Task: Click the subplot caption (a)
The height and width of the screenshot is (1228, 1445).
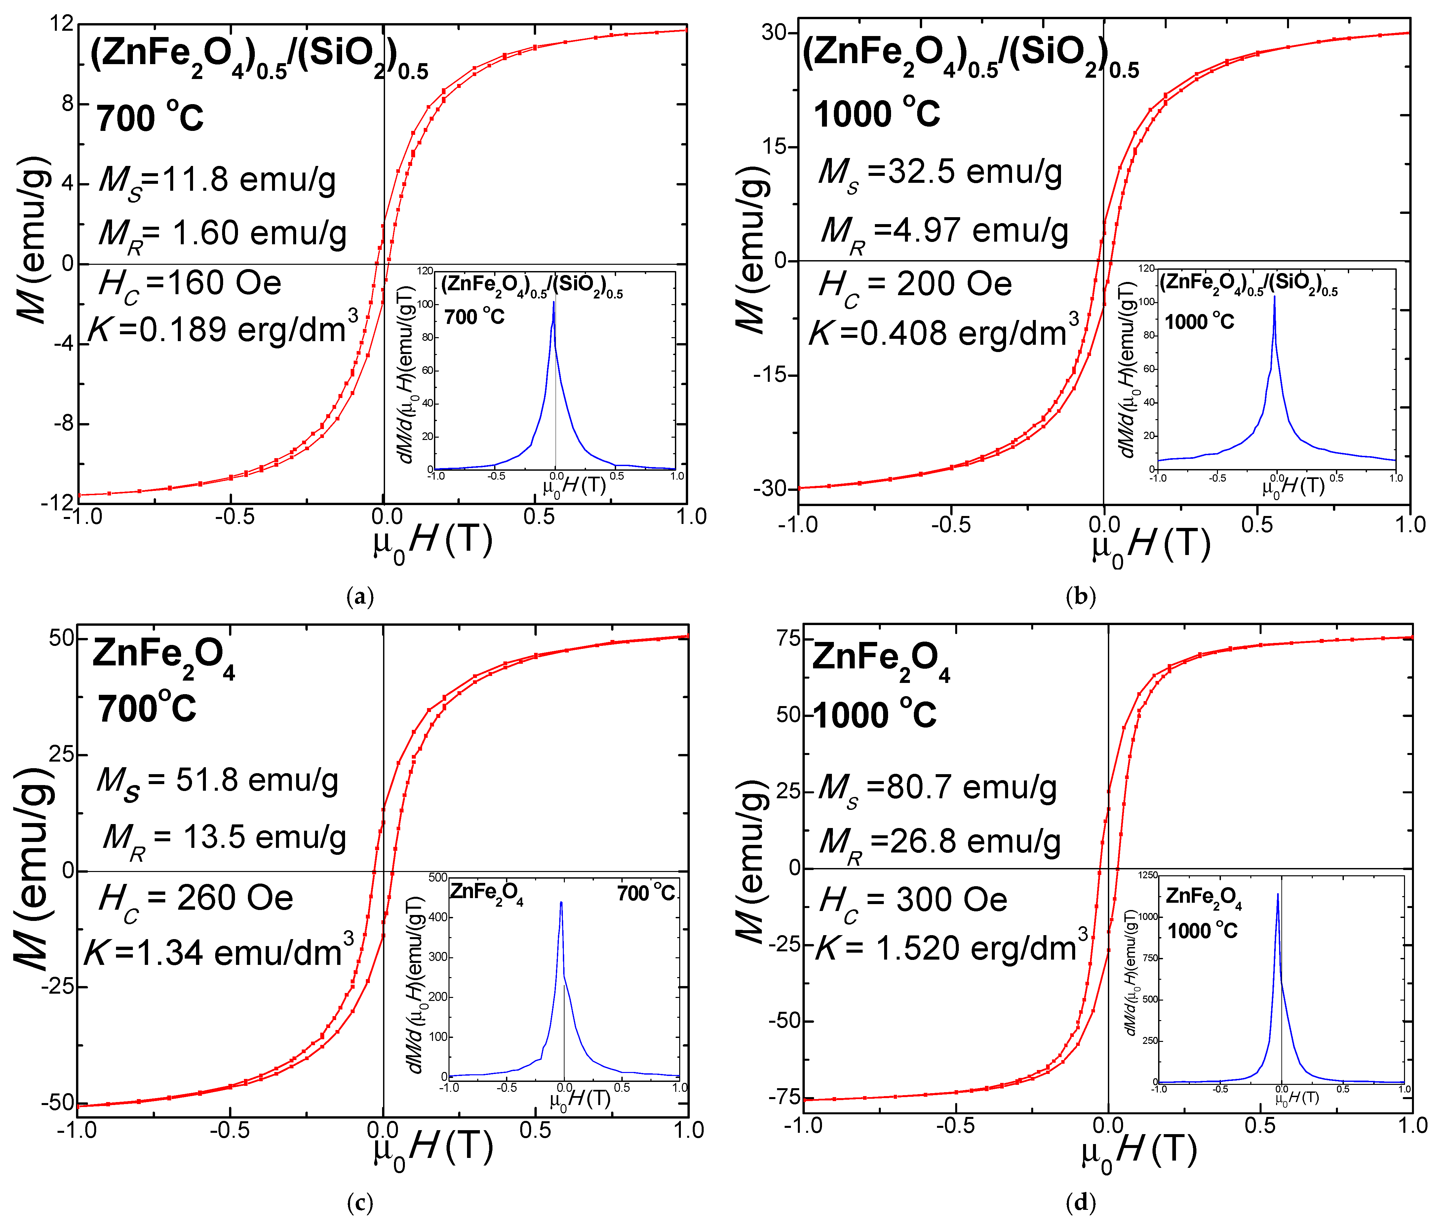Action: pyautogui.click(x=360, y=597)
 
